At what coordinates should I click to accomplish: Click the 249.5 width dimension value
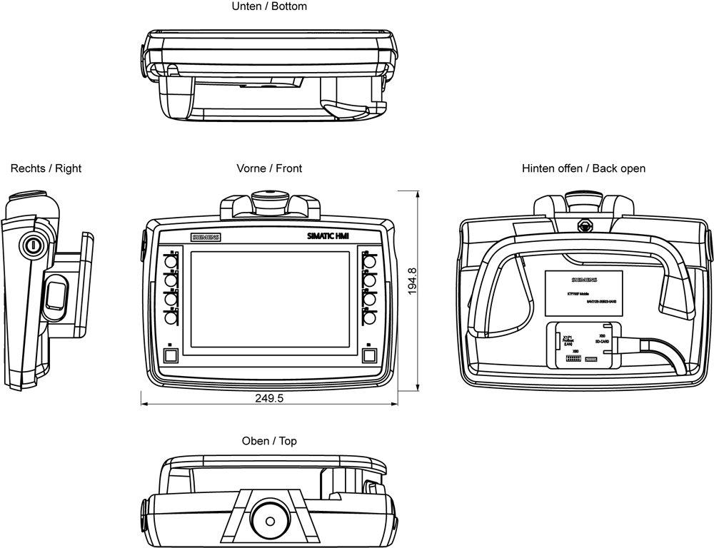click(x=269, y=398)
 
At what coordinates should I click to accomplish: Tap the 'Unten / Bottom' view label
click(x=269, y=6)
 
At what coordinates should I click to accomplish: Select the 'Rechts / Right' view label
click(x=46, y=168)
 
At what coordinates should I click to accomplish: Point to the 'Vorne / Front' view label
click(x=269, y=168)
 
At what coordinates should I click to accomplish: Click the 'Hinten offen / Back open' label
click(x=583, y=168)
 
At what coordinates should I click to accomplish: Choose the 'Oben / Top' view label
click(x=269, y=441)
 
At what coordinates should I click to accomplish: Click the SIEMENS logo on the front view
click(x=206, y=237)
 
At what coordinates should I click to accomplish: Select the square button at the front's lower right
click(x=368, y=355)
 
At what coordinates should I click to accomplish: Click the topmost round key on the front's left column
click(x=171, y=262)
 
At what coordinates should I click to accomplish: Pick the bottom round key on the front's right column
click(x=369, y=320)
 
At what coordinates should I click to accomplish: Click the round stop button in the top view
click(x=269, y=514)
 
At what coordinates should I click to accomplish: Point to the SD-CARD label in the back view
click(x=601, y=342)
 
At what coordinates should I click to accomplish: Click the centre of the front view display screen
click(x=269, y=300)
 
